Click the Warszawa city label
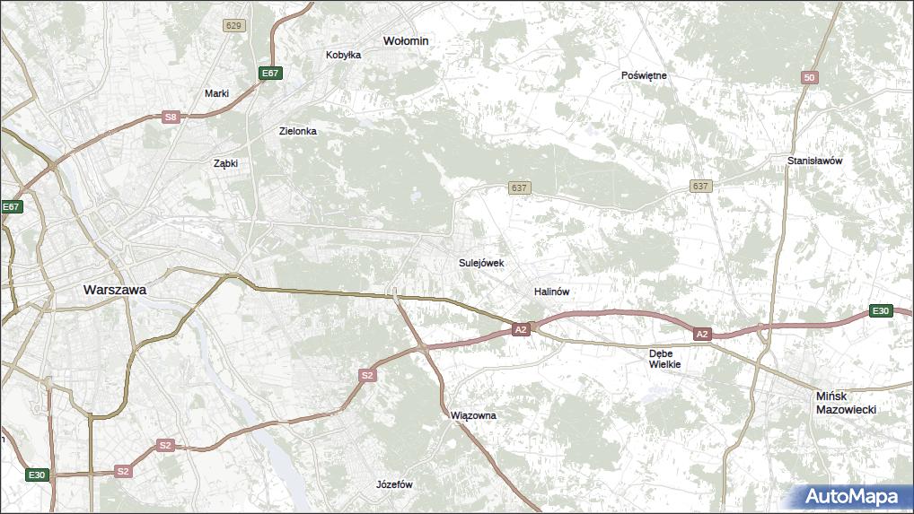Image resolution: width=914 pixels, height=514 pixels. (x=114, y=291)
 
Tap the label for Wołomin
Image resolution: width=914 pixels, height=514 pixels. (x=406, y=41)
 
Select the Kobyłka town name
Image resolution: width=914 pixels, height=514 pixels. (x=343, y=55)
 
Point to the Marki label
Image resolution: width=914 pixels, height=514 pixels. (x=216, y=93)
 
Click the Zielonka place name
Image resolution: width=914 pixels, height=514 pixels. (x=297, y=131)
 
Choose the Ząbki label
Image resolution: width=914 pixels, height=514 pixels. (x=224, y=164)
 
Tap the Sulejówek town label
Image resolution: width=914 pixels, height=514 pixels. (x=481, y=264)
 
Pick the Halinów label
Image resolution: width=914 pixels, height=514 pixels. (x=551, y=292)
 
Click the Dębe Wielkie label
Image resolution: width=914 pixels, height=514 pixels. (x=665, y=359)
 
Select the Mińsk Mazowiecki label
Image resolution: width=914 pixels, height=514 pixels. (x=846, y=402)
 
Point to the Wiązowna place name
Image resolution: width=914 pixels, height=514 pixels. (x=473, y=416)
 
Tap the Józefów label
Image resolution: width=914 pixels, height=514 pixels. (x=394, y=484)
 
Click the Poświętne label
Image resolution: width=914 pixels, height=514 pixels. (x=644, y=75)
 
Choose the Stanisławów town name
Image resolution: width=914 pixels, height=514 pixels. (x=814, y=161)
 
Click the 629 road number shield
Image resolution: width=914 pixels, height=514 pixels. (x=234, y=25)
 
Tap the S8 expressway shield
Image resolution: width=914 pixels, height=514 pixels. (x=171, y=117)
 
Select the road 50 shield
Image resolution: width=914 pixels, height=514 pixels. (x=810, y=78)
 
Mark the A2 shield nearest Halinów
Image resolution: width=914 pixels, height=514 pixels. (x=521, y=330)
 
